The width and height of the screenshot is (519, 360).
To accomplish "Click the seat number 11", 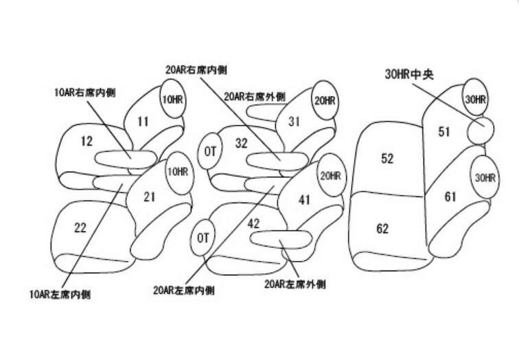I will point(143,122).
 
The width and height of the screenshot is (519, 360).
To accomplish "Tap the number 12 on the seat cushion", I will point(86,142).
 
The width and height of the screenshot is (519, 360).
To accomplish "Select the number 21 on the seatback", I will point(150,197).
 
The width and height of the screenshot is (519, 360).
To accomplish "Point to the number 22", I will point(80,227).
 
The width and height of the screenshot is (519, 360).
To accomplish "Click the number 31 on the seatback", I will point(295,122).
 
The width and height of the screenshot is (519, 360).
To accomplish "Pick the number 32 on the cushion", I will point(241,144).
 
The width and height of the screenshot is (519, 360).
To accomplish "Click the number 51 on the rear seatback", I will point(444,131).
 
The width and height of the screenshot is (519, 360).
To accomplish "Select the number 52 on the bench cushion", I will point(387,158).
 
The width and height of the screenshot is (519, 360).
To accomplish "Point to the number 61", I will point(450,197).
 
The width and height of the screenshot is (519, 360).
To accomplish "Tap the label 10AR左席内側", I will point(60,295).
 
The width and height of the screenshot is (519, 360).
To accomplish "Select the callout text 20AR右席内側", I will point(197,70).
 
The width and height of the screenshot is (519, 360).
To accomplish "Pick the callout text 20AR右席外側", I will point(255,96).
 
